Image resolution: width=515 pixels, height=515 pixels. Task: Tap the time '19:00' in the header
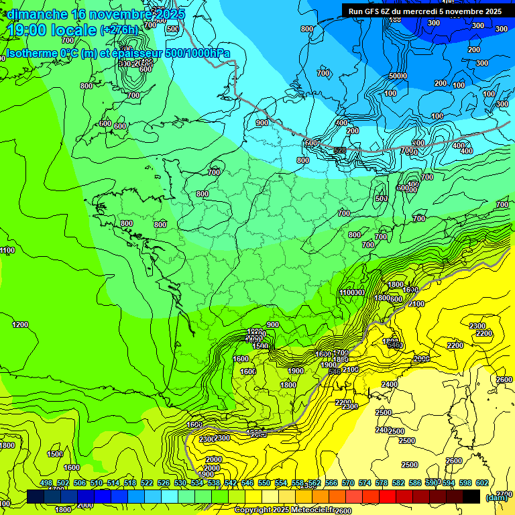[x=27, y=30]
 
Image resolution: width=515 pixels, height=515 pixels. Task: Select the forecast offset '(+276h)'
[x=119, y=30]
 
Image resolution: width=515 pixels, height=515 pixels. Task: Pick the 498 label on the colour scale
[x=46, y=483]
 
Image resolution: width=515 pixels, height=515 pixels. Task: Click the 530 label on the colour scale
[x=180, y=483]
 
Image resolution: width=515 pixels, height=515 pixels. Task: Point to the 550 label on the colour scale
[x=264, y=483]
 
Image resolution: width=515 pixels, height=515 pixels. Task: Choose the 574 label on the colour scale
[x=365, y=483]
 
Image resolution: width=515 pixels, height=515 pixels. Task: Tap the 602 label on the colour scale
[x=481, y=483]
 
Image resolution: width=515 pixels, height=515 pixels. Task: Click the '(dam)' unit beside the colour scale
[x=497, y=498]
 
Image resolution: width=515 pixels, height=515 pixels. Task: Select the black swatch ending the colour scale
[x=471, y=496]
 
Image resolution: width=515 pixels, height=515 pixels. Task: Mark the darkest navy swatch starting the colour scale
[x=36, y=496]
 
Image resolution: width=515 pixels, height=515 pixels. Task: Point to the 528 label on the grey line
[x=340, y=150]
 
